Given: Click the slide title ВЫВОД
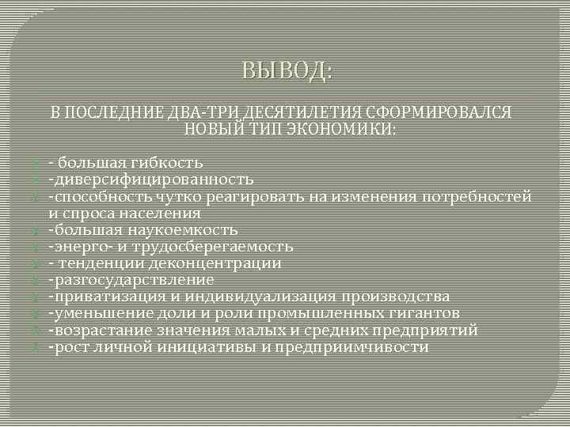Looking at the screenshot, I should [x=287, y=72].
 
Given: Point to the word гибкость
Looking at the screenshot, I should [x=169, y=163].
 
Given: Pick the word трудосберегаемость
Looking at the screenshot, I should [x=211, y=247].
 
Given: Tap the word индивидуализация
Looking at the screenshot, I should [x=260, y=297].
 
